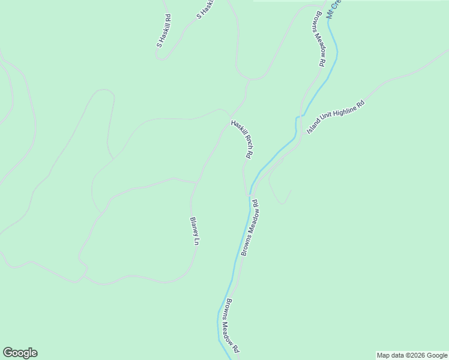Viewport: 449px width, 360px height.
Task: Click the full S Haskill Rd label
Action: pos(164,32)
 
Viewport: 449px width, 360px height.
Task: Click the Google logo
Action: pos(20,353)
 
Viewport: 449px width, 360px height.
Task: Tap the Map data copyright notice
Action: pos(411,355)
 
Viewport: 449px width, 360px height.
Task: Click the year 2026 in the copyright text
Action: pos(414,355)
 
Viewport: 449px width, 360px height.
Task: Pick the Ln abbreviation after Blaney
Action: pos(196,242)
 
